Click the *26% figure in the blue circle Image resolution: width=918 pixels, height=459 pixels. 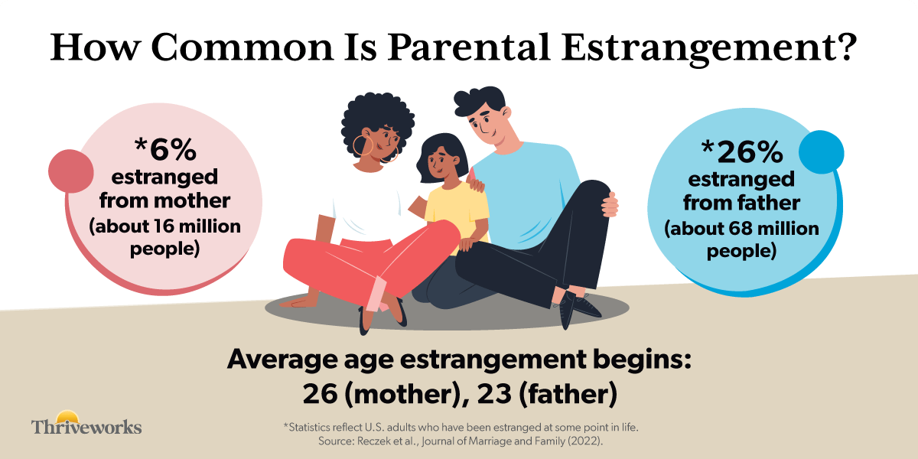point(741,152)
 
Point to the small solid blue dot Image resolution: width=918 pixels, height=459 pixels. point(820,152)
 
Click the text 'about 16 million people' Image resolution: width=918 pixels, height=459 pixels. point(165,239)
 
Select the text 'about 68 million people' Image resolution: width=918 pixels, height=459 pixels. point(741,239)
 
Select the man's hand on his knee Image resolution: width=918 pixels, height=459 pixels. point(610,203)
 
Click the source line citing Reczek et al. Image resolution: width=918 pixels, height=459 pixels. point(466,441)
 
